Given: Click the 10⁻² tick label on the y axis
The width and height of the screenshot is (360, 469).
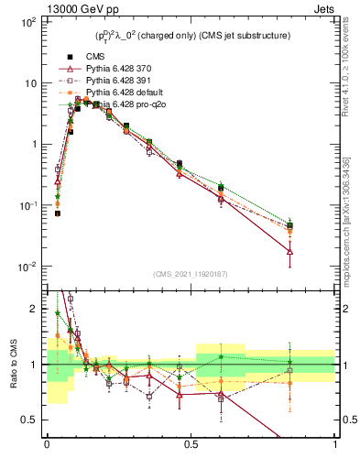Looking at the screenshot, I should [x=28, y=267].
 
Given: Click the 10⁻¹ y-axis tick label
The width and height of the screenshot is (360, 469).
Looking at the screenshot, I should [x=28, y=206].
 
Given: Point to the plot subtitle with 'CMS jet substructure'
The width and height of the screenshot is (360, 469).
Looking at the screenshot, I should [x=192, y=36].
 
